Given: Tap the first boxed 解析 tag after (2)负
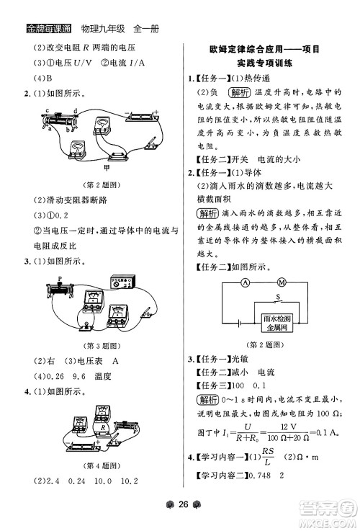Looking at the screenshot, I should pyautogui.click(x=238, y=93).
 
